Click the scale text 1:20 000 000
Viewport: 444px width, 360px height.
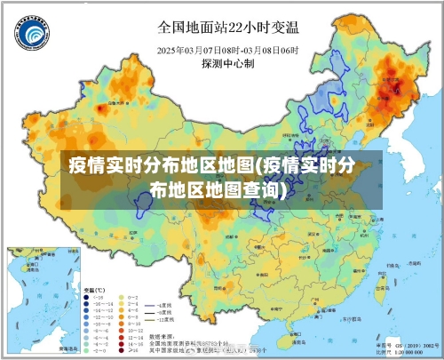(410, 352)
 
